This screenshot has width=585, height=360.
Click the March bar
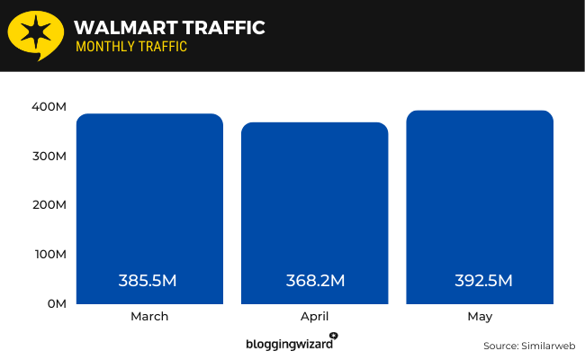tap(148, 207)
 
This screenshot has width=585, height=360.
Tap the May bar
tap(480, 205)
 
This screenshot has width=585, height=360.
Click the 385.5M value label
tap(148, 280)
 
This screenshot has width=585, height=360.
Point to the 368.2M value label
tap(314, 280)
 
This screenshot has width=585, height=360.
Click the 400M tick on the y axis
tap(50, 107)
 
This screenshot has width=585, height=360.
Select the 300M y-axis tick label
tap(50, 156)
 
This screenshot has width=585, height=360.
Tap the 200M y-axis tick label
tap(50, 205)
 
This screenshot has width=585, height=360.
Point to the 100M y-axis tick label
tap(50, 255)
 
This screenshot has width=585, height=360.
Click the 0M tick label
tap(56, 303)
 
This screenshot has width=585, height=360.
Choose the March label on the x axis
tap(148, 317)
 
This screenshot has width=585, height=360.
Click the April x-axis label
tap(314, 317)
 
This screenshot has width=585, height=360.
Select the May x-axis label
tap(480, 317)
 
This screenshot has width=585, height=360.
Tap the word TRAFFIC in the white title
tap(220, 28)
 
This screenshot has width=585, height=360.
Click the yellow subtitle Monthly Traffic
tap(131, 47)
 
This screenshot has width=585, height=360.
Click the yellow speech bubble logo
tap(34, 35)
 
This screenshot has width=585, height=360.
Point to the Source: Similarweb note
tap(529, 346)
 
